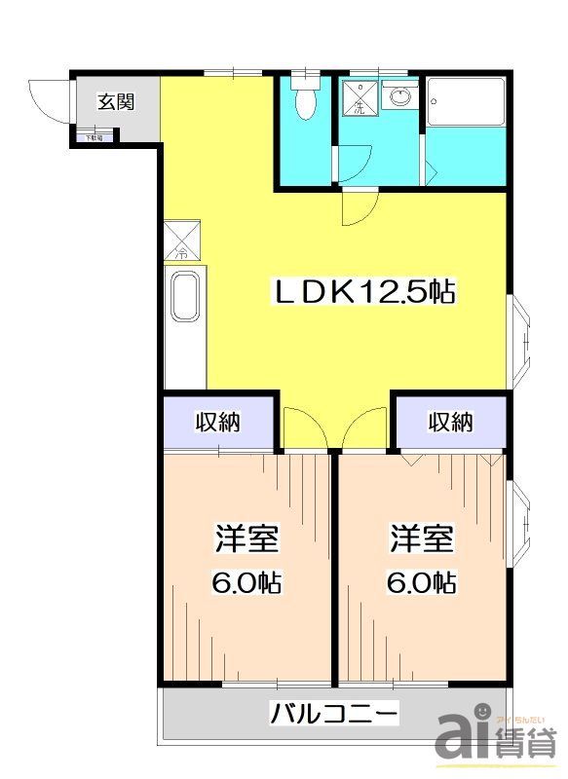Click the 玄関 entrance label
point(116,101)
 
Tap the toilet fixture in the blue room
point(304,102)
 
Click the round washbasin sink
point(400,97)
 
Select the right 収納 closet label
point(450,423)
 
